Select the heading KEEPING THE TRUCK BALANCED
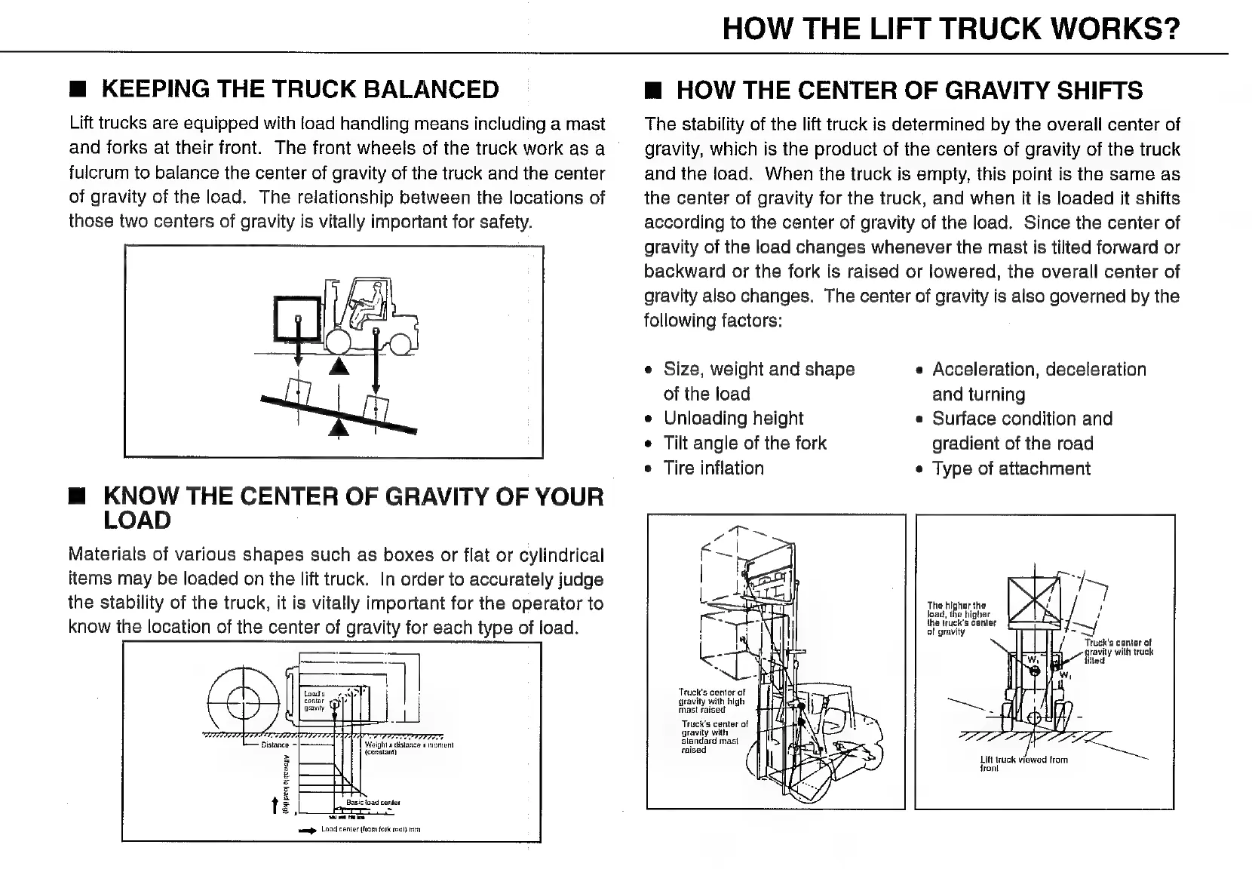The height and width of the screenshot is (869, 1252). pyautogui.click(x=299, y=89)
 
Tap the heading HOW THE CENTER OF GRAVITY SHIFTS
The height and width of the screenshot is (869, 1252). pyautogui.click(x=909, y=91)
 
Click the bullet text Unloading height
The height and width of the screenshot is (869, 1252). pyautogui.click(x=733, y=419)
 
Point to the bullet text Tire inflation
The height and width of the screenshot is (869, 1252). pyautogui.click(x=713, y=468)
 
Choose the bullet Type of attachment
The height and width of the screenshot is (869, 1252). pyautogui.click(x=1011, y=469)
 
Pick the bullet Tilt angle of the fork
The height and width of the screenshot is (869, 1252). pyautogui.click(x=744, y=444)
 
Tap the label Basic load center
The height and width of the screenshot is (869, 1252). pyautogui.click(x=373, y=803)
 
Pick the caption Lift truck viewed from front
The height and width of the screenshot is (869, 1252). pyautogui.click(x=1023, y=763)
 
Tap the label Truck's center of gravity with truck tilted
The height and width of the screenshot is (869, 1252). pyautogui.click(x=1118, y=651)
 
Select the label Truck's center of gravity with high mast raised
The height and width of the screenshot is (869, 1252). pyautogui.click(x=711, y=701)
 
